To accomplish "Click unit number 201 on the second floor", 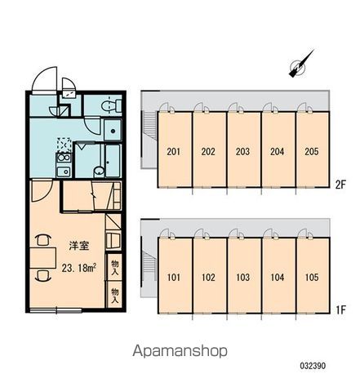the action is pyautogui.click(x=174, y=152).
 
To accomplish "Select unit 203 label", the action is pyautogui.click(x=242, y=152).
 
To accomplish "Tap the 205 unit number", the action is pyautogui.click(x=312, y=152).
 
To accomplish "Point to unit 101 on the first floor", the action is pyautogui.click(x=174, y=278).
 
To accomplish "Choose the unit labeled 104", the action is pyautogui.click(x=278, y=278).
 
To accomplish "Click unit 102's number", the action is pyautogui.click(x=208, y=278).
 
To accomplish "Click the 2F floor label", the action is pyautogui.click(x=340, y=185).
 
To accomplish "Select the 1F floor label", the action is pyautogui.click(x=340, y=310).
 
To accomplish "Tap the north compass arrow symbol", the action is pyautogui.click(x=300, y=65).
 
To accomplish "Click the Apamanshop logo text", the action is pyautogui.click(x=180, y=351).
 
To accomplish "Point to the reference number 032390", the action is pyautogui.click(x=313, y=366).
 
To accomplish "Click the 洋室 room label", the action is pyautogui.click(x=79, y=246).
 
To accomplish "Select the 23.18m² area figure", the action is pyautogui.click(x=78, y=268).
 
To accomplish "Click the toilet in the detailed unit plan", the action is pyautogui.click(x=112, y=105).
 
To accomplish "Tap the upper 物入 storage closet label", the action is pyautogui.click(x=115, y=267).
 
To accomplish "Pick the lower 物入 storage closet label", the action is pyautogui.click(x=115, y=296).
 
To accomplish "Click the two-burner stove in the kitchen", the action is pyautogui.click(x=64, y=158).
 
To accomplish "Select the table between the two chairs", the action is pyautogui.click(x=42, y=258).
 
